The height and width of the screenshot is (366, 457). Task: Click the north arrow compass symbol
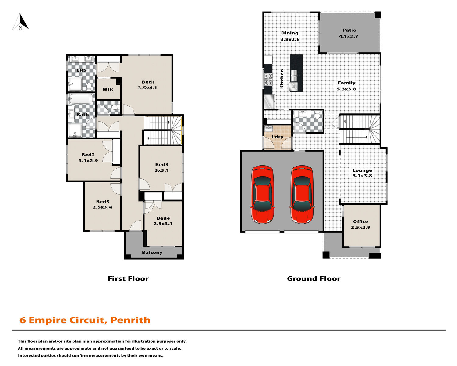pos(21,22)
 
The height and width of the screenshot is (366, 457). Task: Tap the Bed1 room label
pos(148,82)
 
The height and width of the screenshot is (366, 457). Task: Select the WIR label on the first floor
pos(108,89)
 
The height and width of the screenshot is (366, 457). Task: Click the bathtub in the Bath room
pos(81,99)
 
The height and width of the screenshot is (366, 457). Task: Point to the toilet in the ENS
pos(89,86)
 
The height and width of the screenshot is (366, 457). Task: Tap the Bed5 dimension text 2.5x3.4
pos(102,207)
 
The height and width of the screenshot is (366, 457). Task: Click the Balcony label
pos(152,253)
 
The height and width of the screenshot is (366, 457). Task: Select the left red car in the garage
pos(263,194)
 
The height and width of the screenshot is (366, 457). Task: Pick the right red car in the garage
pos(302,194)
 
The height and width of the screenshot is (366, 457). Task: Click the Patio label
pos(349,30)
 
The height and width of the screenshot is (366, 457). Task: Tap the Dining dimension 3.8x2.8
pos(290,39)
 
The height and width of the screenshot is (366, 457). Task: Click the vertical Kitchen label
pos(282,79)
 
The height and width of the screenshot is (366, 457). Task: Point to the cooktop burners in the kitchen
pos(268,79)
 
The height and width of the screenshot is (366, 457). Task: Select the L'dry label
pos(277,137)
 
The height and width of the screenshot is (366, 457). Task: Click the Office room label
pos(361,221)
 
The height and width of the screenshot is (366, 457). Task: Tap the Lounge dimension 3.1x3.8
pos(362,176)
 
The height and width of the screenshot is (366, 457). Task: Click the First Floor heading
pos(128,278)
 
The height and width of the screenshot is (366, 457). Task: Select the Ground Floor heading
pos(314,278)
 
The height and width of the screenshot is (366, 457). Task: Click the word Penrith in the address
pos(130,320)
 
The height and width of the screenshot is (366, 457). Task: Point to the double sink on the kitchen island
pos(294,76)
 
